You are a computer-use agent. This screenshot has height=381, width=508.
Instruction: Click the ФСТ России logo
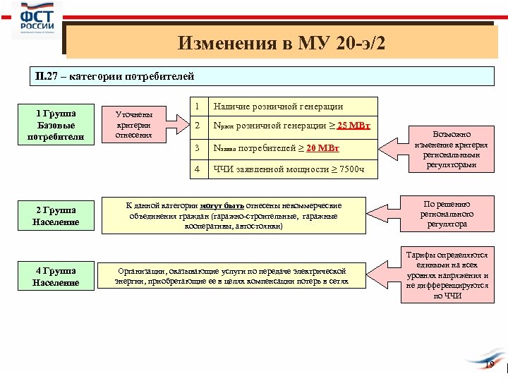point(37,20)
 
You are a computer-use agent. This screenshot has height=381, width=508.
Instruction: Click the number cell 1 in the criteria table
point(198,106)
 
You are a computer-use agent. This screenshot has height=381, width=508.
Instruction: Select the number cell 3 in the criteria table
point(198,148)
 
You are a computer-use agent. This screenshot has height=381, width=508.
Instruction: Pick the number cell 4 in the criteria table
point(198,169)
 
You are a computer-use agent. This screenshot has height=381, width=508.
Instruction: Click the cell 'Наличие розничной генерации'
point(278,107)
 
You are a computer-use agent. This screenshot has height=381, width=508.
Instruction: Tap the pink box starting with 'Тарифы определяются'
point(447,276)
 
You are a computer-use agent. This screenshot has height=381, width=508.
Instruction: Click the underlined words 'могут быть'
point(222,205)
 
